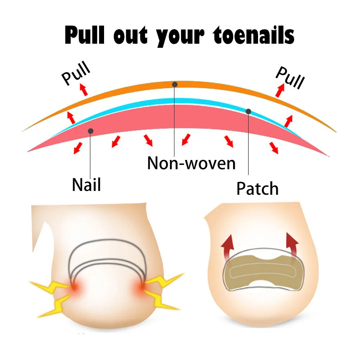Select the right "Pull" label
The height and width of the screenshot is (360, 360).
pyautogui.click(x=289, y=77)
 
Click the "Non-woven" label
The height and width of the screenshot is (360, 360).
pyautogui.click(x=191, y=163)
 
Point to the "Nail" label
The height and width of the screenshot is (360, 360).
pyautogui.click(x=86, y=184)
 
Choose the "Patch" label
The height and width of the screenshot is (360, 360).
pyautogui.click(x=257, y=188)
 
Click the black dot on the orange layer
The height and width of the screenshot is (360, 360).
pyautogui.click(x=175, y=84)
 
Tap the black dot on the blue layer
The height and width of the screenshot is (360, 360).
pyautogui.click(x=248, y=111)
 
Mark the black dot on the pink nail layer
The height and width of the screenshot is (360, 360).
pyautogui.click(x=90, y=131)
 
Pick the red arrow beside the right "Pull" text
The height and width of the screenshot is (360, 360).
pyautogui.click(x=280, y=90)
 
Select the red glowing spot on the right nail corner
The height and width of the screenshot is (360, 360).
pyautogui.click(x=141, y=288)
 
